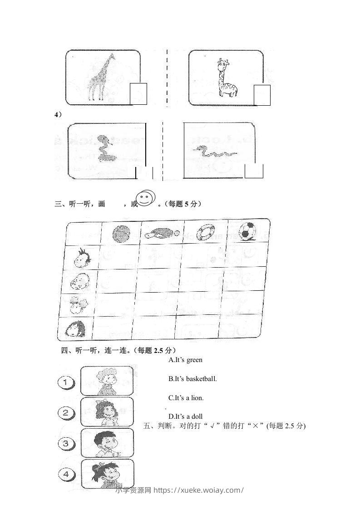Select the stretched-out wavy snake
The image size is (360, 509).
pos(214,152)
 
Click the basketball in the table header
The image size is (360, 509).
pos(121,234)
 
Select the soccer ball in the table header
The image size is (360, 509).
pos(247,230)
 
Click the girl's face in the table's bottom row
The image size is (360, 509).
pos(75,329)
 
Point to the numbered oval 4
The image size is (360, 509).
pos(67,474)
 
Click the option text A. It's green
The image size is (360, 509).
pos(185,360)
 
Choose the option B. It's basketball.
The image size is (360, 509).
pos(192,378)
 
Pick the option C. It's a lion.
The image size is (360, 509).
pos(186,397)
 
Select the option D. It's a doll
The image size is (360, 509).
pos(185,416)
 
